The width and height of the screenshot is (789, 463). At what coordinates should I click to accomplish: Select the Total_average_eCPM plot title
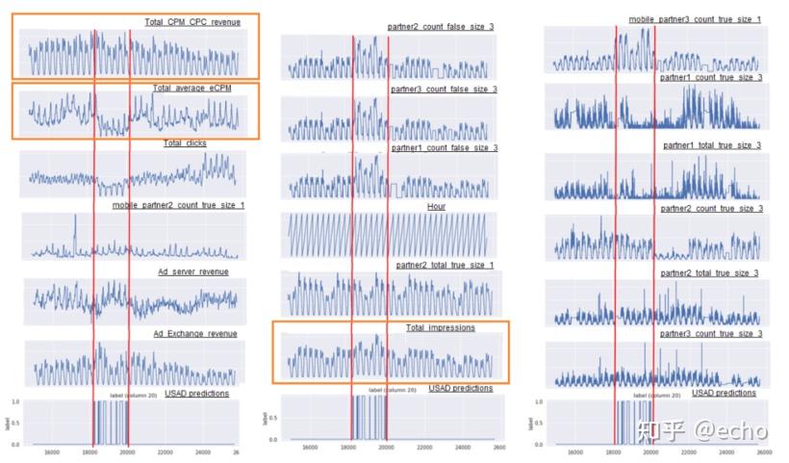coord(192,89)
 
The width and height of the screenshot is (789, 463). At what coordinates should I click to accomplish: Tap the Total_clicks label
coord(184,143)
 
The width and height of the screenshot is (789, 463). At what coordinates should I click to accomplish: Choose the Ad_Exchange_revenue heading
coord(195,334)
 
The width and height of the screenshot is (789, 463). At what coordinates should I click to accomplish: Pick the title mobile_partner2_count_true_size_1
coord(178,205)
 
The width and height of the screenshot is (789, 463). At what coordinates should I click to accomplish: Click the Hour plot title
coord(436,206)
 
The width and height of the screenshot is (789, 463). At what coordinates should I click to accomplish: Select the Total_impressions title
coord(440,328)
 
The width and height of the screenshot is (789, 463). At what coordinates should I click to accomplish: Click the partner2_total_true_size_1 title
coord(445,265)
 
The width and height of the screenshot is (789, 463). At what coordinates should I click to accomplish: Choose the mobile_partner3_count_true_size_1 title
coord(695,19)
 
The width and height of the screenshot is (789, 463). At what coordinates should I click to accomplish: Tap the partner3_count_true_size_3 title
coord(711,334)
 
